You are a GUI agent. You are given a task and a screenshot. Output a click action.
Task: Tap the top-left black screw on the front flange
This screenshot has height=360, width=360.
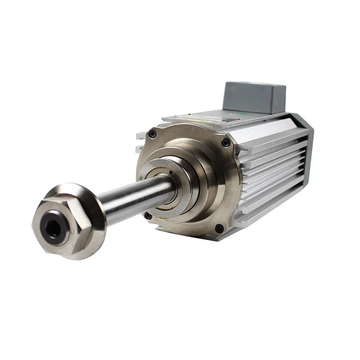[x=153, y=134]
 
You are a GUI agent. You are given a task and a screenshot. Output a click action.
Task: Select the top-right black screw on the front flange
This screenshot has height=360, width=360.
[x=225, y=143]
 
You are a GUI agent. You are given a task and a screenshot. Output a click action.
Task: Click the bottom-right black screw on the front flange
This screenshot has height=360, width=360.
[x=218, y=228]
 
